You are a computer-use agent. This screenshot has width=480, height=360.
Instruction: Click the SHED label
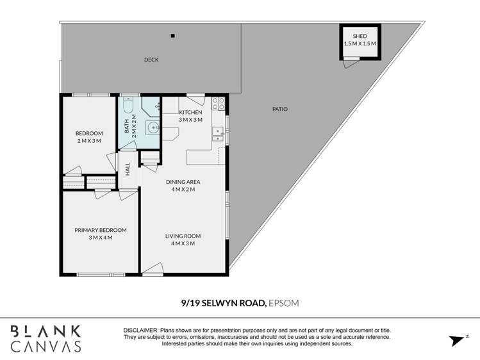[x=360, y=36]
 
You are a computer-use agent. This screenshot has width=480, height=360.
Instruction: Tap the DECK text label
[x=151, y=60]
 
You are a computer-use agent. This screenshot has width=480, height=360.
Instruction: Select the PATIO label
[x=279, y=109]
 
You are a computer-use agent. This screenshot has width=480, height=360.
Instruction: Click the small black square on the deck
[x=172, y=36]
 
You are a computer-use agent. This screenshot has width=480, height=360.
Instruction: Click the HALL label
[x=128, y=169]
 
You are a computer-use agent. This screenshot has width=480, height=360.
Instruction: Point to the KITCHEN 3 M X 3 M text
[x=190, y=116]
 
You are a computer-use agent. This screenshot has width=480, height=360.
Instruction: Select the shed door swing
[x=351, y=61]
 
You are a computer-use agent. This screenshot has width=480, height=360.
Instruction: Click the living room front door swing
[x=152, y=272]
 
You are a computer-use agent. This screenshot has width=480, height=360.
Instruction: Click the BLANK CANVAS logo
[x=46, y=339]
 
